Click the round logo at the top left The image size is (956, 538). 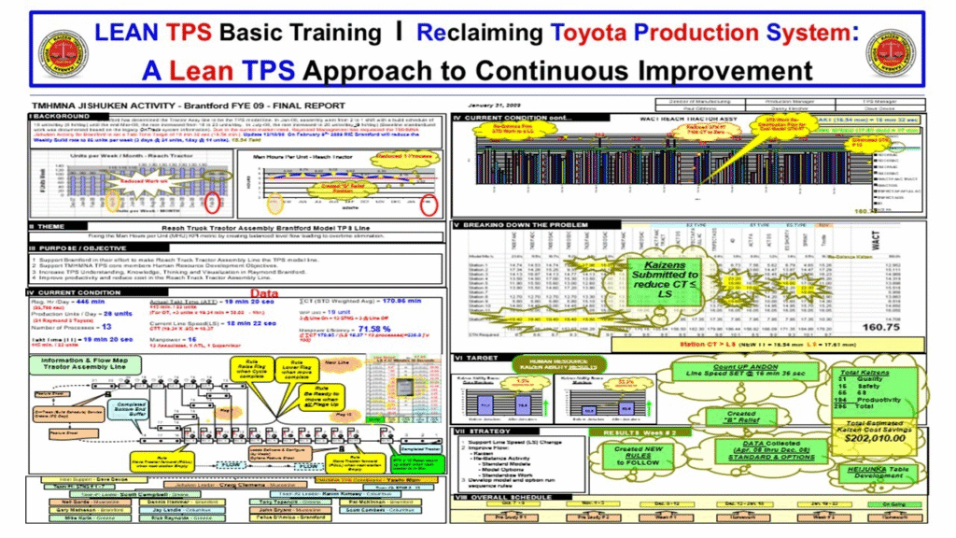pos(63,53)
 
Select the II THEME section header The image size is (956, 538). pos(46,227)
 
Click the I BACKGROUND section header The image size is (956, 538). pos(56,115)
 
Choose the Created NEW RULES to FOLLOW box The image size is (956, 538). pos(642,457)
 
